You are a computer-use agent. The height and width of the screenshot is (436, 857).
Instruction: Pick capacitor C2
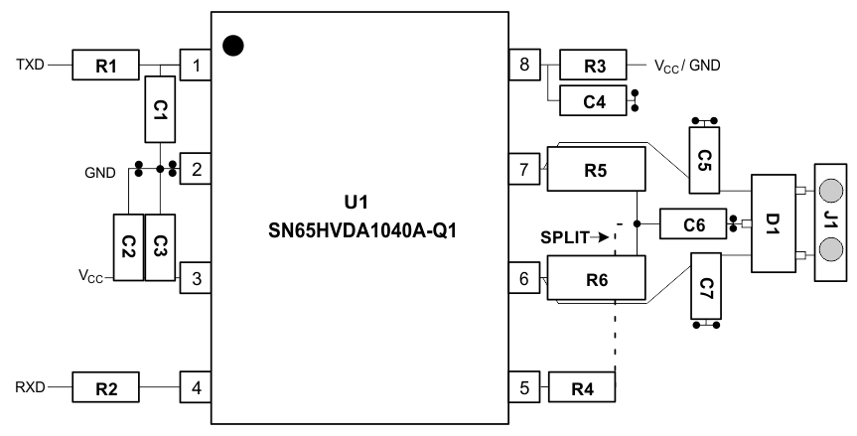129,245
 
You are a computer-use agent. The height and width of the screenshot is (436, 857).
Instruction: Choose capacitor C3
160,245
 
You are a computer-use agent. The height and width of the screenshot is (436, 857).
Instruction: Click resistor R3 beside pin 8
594,67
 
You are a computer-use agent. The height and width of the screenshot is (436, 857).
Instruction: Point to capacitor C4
594,99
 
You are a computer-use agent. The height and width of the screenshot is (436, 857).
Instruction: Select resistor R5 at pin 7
596,169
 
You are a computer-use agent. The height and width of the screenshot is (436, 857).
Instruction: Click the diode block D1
774,224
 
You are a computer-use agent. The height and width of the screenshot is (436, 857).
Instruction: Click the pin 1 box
196,67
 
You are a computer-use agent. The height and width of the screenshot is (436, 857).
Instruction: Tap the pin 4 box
196,385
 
